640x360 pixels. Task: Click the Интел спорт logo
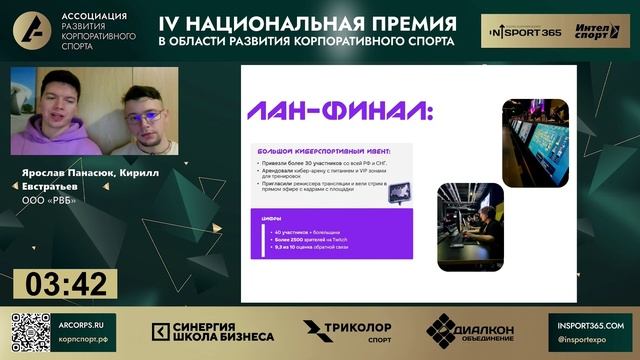coord(597,31)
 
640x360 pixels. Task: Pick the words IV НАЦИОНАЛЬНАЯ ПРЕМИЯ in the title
coord(307,23)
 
